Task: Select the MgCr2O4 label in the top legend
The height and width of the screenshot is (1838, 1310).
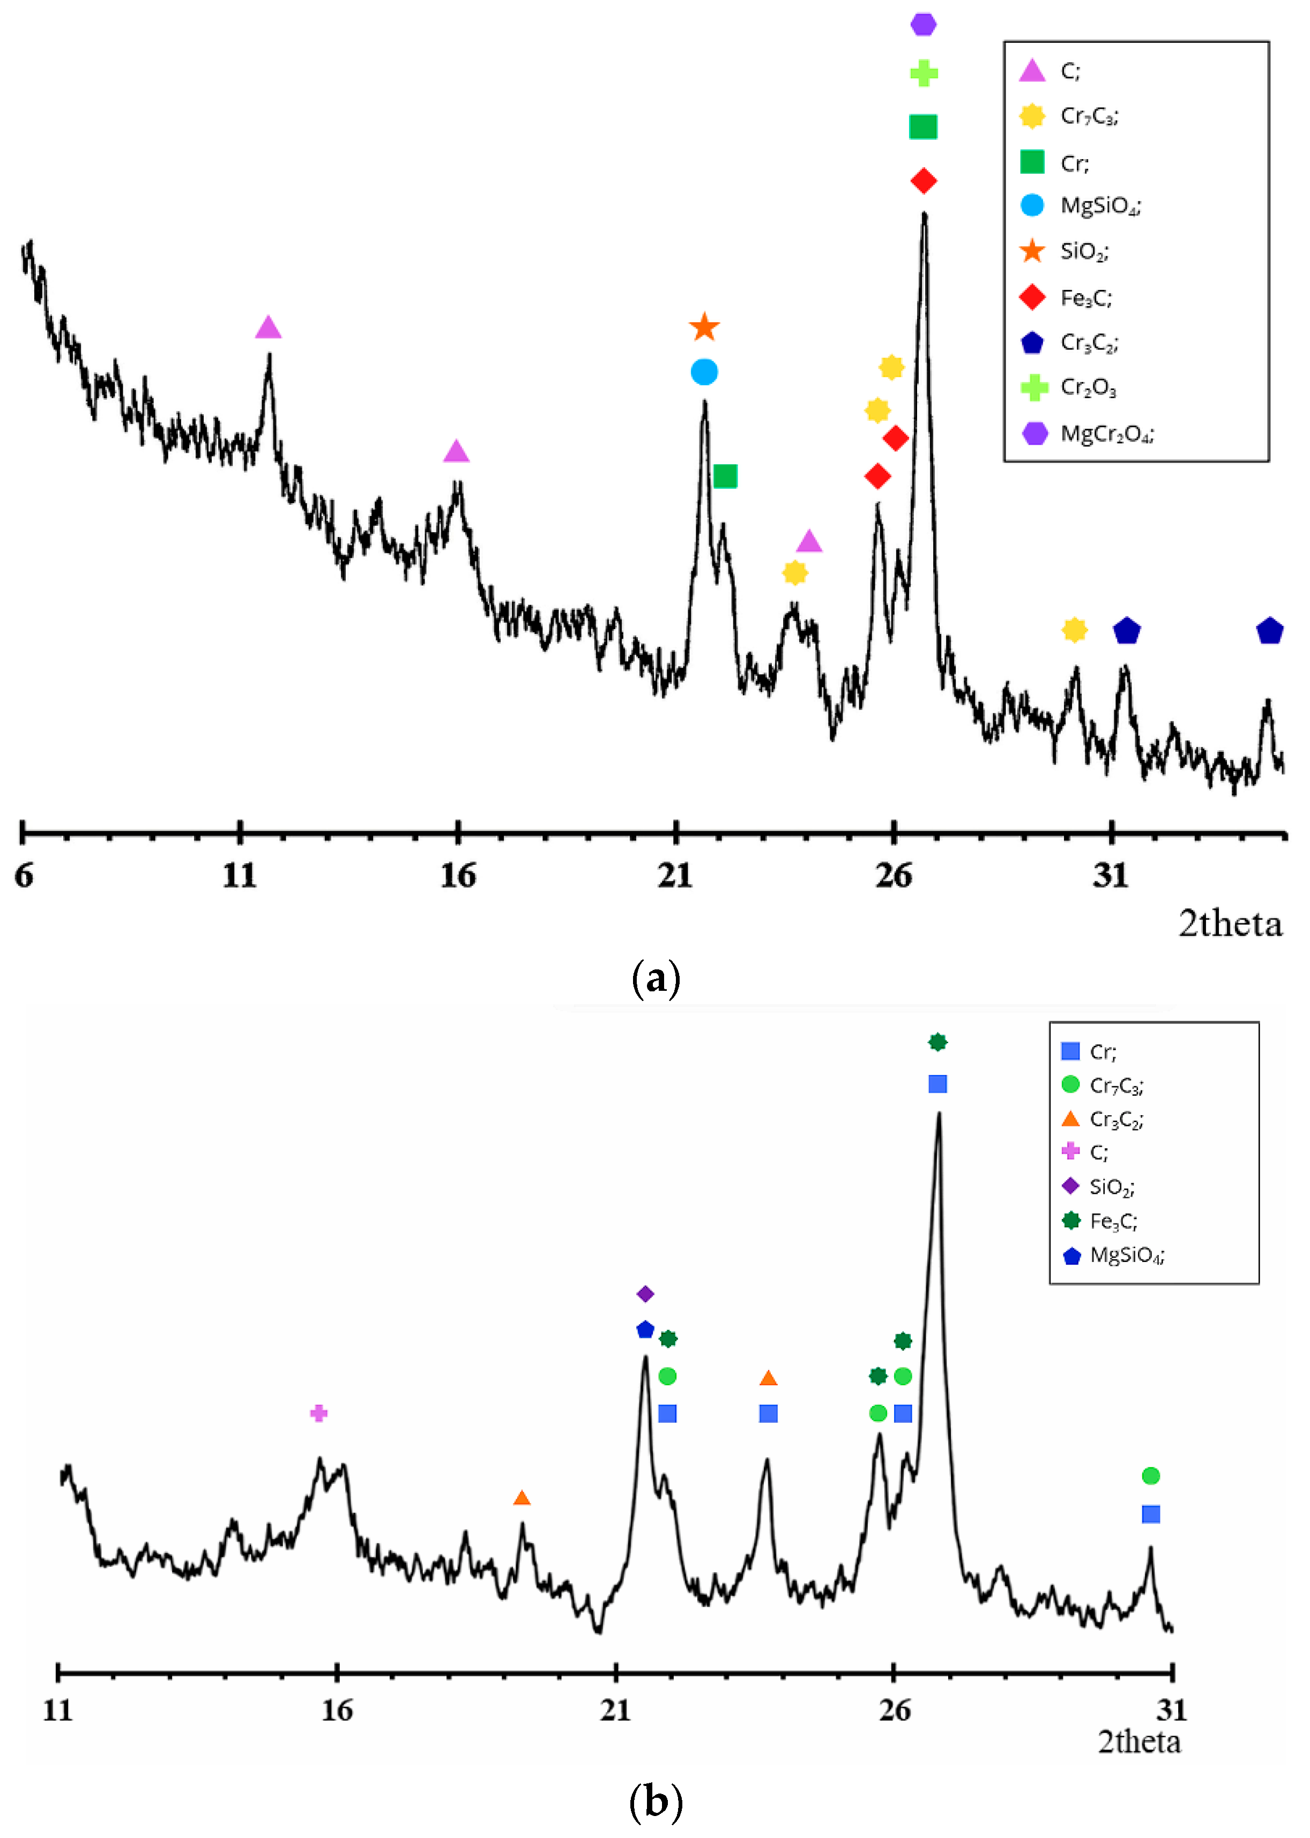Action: (x=1107, y=434)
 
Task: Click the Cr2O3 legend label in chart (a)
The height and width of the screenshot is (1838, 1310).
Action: (x=1088, y=388)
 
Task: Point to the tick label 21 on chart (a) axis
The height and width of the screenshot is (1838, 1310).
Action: (x=675, y=876)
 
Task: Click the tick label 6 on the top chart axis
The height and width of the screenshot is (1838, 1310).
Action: (x=24, y=876)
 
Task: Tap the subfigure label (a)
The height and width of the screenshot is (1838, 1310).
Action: (x=656, y=978)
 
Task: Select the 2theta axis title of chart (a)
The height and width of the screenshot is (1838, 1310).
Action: (x=1230, y=923)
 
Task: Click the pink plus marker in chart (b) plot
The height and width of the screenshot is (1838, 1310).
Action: (x=318, y=1413)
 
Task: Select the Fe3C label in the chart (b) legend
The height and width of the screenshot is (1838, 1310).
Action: (x=1113, y=1221)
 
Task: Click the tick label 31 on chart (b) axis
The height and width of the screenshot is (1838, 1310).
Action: (x=1171, y=1710)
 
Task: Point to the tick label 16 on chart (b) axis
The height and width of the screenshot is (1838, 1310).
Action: (x=337, y=1710)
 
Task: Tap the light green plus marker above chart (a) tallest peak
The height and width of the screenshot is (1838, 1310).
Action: (x=923, y=73)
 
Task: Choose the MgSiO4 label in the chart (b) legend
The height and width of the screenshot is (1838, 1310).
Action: (x=1127, y=1255)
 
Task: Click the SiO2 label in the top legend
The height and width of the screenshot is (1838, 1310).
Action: (x=1084, y=252)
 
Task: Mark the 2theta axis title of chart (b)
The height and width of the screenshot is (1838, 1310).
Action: (x=1139, y=1742)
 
